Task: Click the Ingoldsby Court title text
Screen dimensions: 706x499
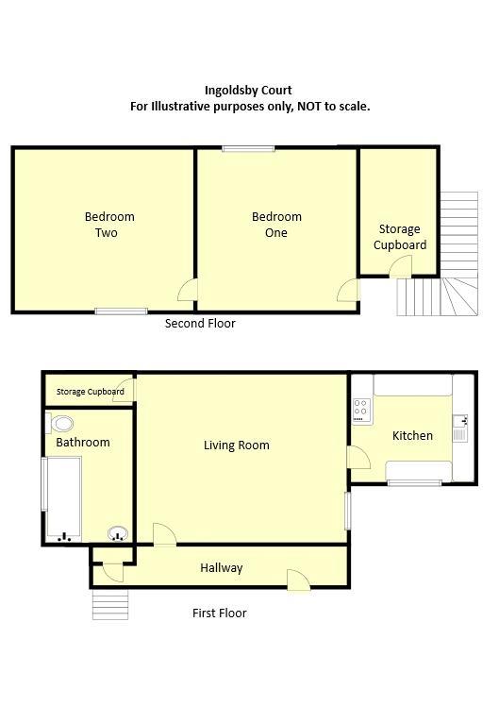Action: pos(249,91)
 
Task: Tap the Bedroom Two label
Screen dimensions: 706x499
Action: pos(109,225)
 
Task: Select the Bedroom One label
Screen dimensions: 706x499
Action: pos(276,225)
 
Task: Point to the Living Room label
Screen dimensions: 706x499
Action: pos(237,445)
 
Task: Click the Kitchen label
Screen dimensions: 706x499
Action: pos(412,435)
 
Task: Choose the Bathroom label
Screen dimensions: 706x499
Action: pos(83,442)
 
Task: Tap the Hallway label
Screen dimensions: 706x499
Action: pos(222,568)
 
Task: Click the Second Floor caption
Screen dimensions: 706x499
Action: pos(200,324)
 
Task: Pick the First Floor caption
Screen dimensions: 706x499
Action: pos(220,614)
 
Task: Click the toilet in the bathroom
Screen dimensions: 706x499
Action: pos(63,423)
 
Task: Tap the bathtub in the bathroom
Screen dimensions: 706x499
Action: pos(63,497)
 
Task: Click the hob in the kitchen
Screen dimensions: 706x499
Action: pos(360,409)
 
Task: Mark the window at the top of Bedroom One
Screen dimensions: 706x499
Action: pos(249,148)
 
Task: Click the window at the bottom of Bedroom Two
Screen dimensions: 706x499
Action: pos(121,311)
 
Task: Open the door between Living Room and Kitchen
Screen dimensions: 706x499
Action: pos(358,458)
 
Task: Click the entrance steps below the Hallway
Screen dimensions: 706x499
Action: pos(109,604)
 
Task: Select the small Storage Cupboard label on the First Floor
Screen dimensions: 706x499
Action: pos(91,392)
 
